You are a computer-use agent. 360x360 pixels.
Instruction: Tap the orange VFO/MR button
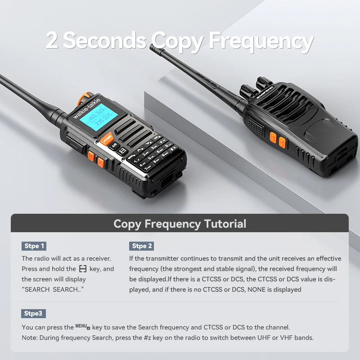pyautogui.click(x=107, y=139)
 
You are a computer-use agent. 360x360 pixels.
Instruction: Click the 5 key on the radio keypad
pyautogui.click(x=151, y=157)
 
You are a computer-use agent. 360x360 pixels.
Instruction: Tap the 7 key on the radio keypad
pyautogui.click(x=148, y=168)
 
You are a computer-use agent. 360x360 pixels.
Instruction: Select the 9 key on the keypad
pyautogui.click(x=164, y=155)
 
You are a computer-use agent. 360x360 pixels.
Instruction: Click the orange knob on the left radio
pyautogui.click(x=83, y=98)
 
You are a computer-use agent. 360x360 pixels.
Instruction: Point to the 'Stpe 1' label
pyautogui.click(x=34, y=246)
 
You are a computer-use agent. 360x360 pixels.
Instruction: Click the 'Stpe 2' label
pyautogui.click(x=141, y=246)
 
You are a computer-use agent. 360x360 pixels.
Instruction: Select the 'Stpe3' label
pyautogui.click(x=33, y=314)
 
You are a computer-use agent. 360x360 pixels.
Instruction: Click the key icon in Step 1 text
pyautogui.click(x=83, y=269)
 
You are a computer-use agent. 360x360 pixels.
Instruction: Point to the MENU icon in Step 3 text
pyautogui.click(x=83, y=327)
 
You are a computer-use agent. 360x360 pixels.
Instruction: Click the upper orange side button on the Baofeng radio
pyautogui.click(x=273, y=137)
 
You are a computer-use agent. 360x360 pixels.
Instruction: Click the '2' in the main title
pyautogui.click(x=52, y=40)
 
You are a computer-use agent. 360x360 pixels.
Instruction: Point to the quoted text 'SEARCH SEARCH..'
pyautogui.click(x=53, y=289)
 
